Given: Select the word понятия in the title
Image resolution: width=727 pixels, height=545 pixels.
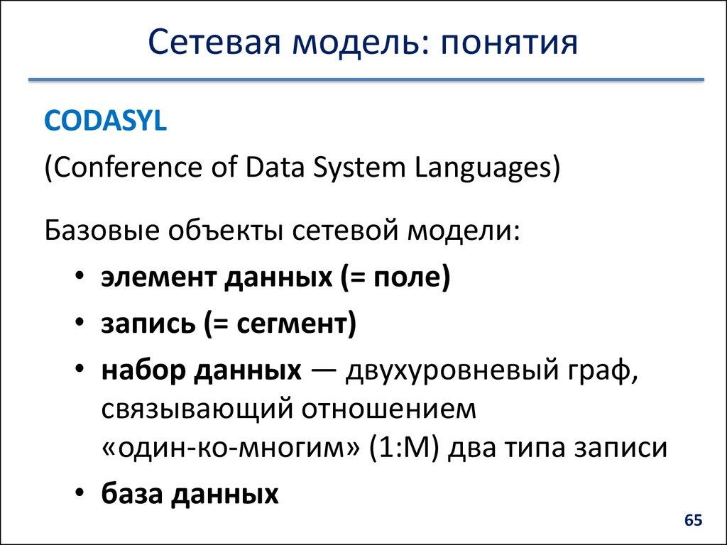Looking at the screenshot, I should coord(508,43).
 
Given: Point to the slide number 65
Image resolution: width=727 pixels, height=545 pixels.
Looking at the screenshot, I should coord(693,521).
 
